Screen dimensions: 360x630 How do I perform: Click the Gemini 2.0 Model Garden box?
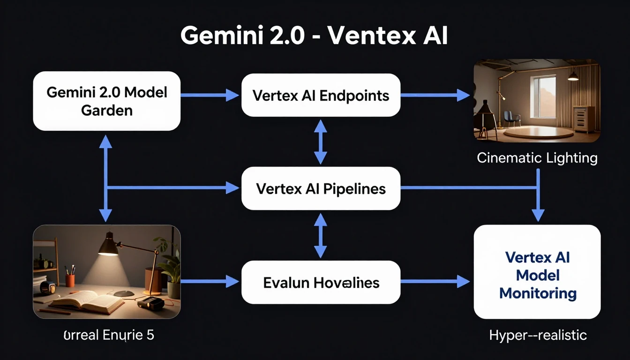(x=106, y=101)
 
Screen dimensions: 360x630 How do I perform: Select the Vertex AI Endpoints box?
(x=321, y=96)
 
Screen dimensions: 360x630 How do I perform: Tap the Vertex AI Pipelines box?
(x=321, y=188)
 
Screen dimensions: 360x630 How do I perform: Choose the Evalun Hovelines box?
(x=321, y=282)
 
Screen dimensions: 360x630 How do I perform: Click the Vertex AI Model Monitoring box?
(x=537, y=275)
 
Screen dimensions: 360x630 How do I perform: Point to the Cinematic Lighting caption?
(x=537, y=158)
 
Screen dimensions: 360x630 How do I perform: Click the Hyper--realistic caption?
(x=538, y=335)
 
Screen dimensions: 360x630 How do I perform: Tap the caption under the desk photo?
(x=108, y=336)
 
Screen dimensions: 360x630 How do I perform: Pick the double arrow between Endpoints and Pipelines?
(x=320, y=142)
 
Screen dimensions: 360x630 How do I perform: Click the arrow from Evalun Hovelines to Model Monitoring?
(x=435, y=281)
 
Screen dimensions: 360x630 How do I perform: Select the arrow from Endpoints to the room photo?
(x=435, y=95)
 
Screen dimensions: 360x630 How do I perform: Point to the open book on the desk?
(x=87, y=301)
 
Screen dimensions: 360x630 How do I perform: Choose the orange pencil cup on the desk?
(x=70, y=280)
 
